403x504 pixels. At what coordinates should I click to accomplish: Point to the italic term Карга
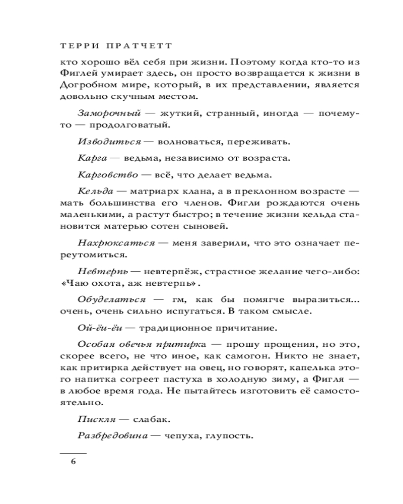pyautogui.click(x=92, y=158)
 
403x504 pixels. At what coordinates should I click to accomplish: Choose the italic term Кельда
pyautogui.click(x=95, y=192)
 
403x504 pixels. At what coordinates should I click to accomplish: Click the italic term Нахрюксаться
pyautogui.click(x=116, y=243)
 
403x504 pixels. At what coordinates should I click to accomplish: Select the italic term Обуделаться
pyautogui.click(x=112, y=299)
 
